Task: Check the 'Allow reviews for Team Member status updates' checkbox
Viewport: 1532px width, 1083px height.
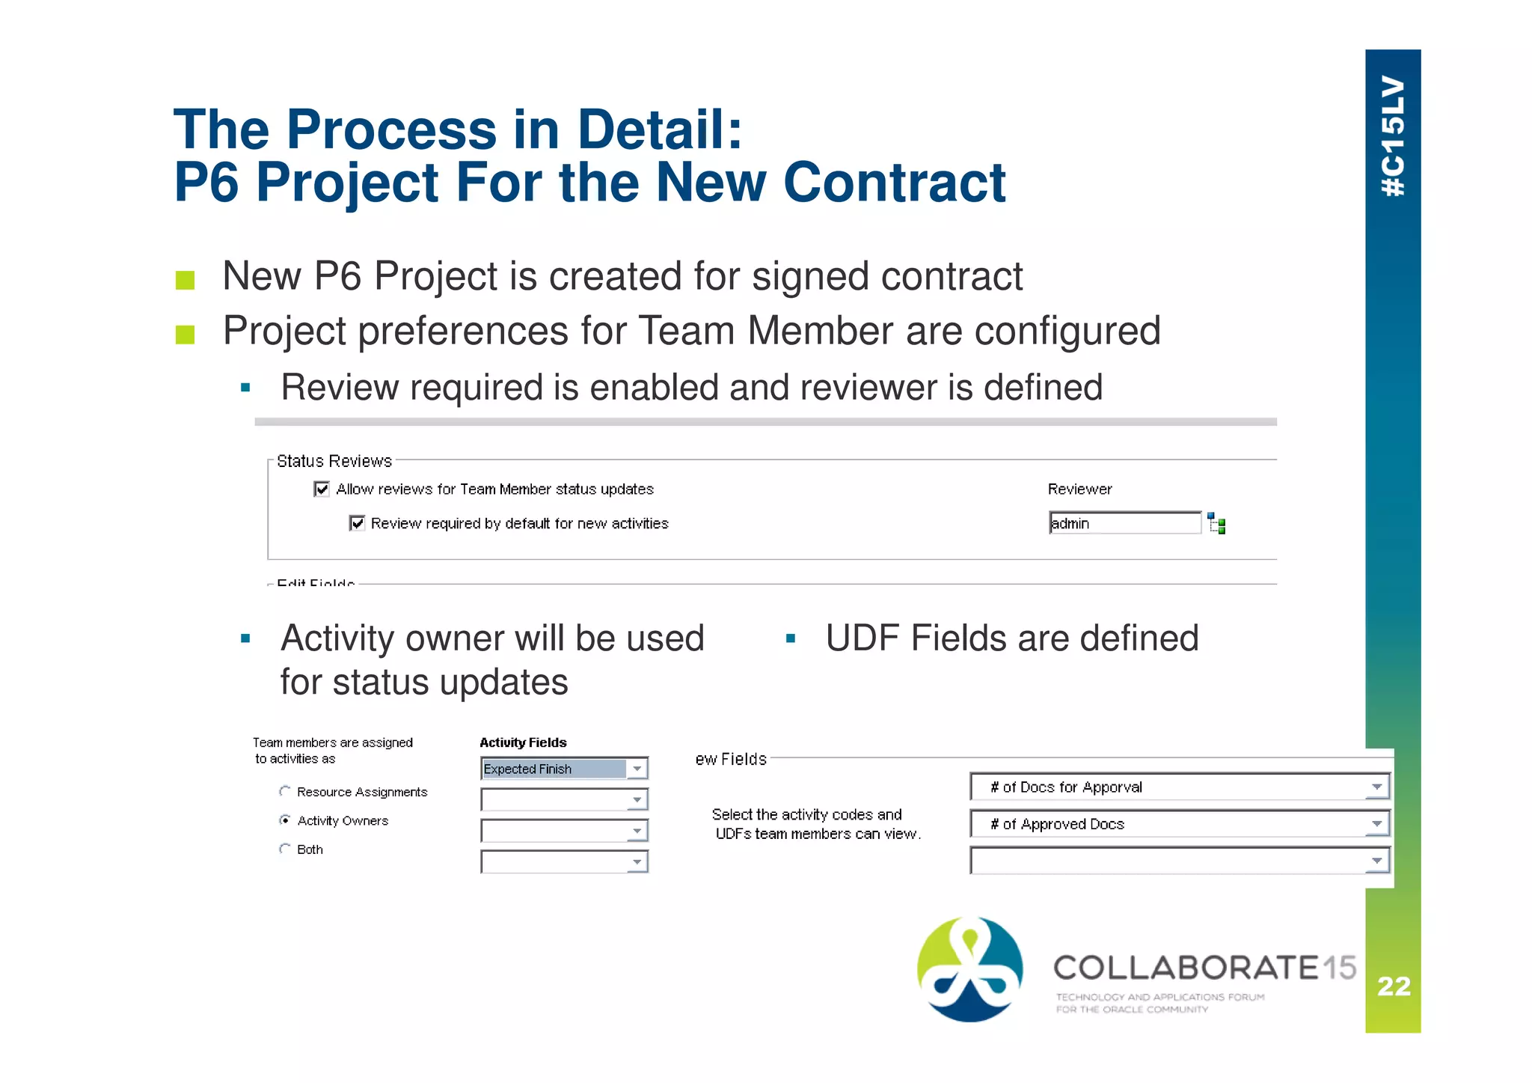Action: point(322,489)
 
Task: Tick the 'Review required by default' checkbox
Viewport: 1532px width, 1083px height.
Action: point(357,523)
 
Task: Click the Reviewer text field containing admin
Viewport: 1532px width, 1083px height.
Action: point(1124,523)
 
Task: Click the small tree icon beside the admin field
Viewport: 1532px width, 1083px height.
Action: point(1216,524)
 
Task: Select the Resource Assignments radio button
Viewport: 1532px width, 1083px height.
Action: point(285,791)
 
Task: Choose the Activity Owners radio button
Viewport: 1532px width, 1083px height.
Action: point(285,820)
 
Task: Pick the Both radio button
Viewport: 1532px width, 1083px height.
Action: point(285,849)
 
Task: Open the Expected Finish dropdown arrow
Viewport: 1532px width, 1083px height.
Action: point(637,769)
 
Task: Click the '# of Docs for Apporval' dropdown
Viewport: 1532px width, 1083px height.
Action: point(1179,787)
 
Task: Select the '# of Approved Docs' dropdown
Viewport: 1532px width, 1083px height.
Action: point(1179,824)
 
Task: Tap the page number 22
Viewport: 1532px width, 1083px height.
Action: point(1394,986)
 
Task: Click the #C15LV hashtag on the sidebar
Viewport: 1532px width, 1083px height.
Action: point(1393,136)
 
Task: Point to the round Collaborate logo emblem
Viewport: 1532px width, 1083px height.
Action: point(969,969)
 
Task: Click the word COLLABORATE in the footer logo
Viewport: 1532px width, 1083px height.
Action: point(1186,968)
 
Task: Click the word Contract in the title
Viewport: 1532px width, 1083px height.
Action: point(895,183)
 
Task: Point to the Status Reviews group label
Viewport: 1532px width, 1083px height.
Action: point(334,461)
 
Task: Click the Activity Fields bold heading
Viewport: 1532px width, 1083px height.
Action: point(523,742)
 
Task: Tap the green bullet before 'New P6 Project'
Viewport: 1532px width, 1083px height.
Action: point(185,280)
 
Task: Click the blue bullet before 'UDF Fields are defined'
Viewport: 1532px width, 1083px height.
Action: point(791,639)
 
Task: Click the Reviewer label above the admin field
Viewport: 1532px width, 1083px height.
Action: point(1079,489)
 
